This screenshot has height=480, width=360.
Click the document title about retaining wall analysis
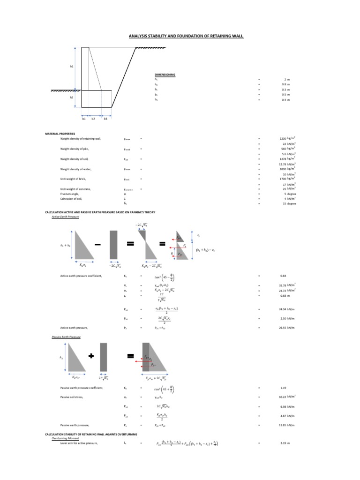186,36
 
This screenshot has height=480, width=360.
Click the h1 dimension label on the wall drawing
72,67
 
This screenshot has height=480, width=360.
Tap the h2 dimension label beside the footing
72,97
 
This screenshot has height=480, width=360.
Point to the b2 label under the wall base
93,119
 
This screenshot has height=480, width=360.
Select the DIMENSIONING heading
165,75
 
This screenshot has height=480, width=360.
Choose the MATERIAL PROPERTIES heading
60,134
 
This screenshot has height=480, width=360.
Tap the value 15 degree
288,204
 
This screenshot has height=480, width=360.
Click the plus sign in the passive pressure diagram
91,356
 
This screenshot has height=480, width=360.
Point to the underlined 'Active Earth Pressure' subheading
65,217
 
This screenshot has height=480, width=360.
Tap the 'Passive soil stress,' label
72,397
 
